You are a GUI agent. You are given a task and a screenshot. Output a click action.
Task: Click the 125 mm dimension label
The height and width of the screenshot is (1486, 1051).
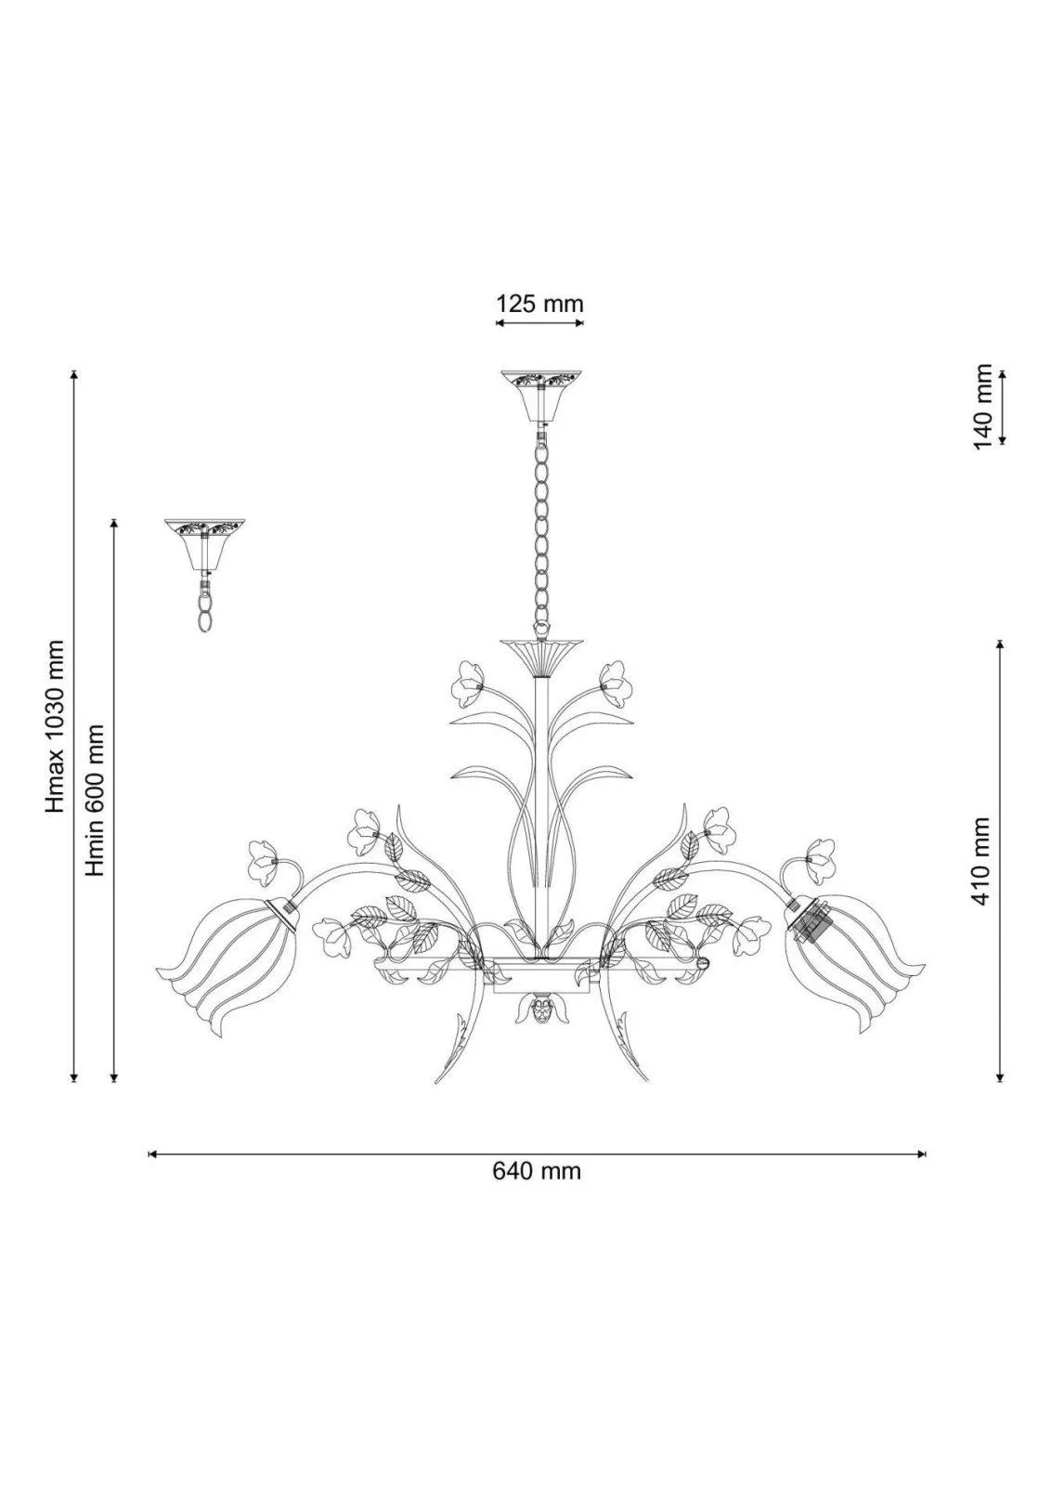(539, 304)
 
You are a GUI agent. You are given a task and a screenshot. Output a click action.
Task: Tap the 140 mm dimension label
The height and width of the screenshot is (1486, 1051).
(982, 406)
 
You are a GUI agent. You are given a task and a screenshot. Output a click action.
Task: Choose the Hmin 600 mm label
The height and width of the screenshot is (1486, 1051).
(96, 800)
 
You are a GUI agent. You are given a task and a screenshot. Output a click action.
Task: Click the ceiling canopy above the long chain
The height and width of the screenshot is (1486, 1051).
(541, 397)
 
